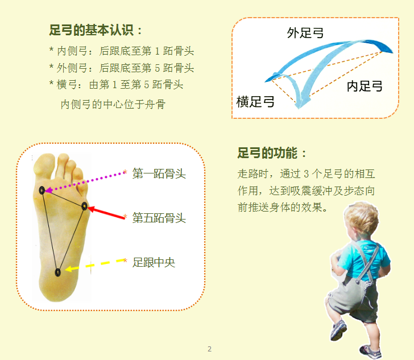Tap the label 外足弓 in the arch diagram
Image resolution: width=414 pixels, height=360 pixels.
(x=305, y=33)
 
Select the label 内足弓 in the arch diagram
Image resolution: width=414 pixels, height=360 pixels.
(x=365, y=86)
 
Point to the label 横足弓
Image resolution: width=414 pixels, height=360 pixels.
(x=255, y=102)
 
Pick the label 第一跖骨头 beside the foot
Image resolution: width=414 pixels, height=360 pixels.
(x=159, y=173)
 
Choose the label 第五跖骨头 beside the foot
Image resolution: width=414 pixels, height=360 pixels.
(x=159, y=218)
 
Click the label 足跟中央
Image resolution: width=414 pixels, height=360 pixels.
(x=154, y=262)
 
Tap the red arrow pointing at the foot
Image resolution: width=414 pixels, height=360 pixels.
(x=106, y=213)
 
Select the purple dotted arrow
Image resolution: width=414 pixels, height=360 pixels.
(x=85, y=182)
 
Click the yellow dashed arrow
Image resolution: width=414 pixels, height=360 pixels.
(x=95, y=264)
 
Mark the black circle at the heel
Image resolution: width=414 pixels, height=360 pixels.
(x=57, y=272)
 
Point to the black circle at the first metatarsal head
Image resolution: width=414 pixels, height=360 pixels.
(x=42, y=190)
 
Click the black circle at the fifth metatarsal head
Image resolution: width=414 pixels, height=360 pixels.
(x=84, y=206)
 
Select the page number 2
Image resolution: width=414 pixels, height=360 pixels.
(x=210, y=349)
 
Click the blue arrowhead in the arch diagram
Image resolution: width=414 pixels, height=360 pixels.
(x=301, y=102)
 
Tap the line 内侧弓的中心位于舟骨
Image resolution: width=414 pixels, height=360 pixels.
(x=113, y=104)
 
